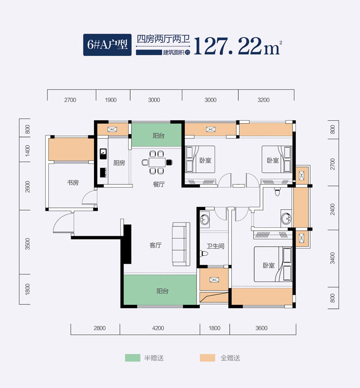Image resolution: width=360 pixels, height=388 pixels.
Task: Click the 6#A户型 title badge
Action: pos(107,45)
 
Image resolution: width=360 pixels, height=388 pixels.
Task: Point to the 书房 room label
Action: pos(73,183)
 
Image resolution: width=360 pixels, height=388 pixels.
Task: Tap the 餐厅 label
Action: pos(159,184)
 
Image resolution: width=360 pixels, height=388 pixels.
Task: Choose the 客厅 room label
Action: pos(156,246)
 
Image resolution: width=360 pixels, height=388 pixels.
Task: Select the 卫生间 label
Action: pos(215,246)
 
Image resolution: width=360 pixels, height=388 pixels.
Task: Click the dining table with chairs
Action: pos(157,162)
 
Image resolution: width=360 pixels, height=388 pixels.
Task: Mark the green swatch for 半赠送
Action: pos(133,358)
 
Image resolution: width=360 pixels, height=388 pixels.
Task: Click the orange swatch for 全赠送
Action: pos(207,358)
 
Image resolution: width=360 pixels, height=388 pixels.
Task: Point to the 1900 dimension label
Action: pos(111,100)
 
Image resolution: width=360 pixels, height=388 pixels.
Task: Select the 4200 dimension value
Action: pos(158,328)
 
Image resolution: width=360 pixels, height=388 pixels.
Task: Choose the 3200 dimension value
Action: pos(264,100)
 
